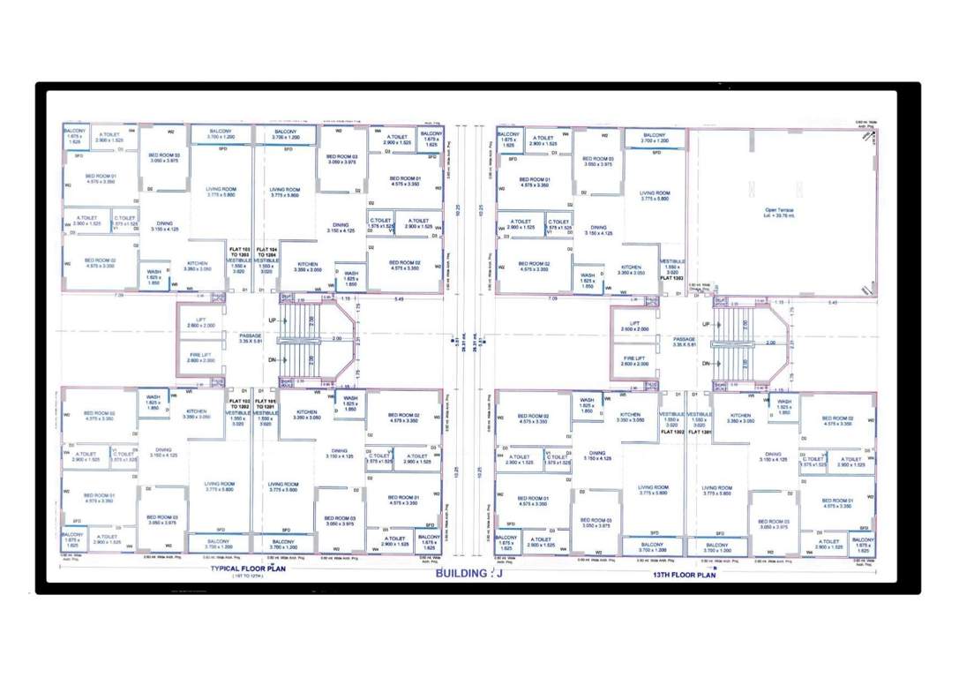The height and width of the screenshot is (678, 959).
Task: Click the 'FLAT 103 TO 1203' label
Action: coord(240,253)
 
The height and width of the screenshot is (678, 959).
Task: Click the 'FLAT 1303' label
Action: coord(675,277)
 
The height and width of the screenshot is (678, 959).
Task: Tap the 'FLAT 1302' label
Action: coord(673,433)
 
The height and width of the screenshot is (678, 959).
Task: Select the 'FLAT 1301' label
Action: coord(700,433)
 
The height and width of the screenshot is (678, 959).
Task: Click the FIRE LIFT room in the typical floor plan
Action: coord(201,358)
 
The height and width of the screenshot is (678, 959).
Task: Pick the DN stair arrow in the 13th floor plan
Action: coord(707,364)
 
